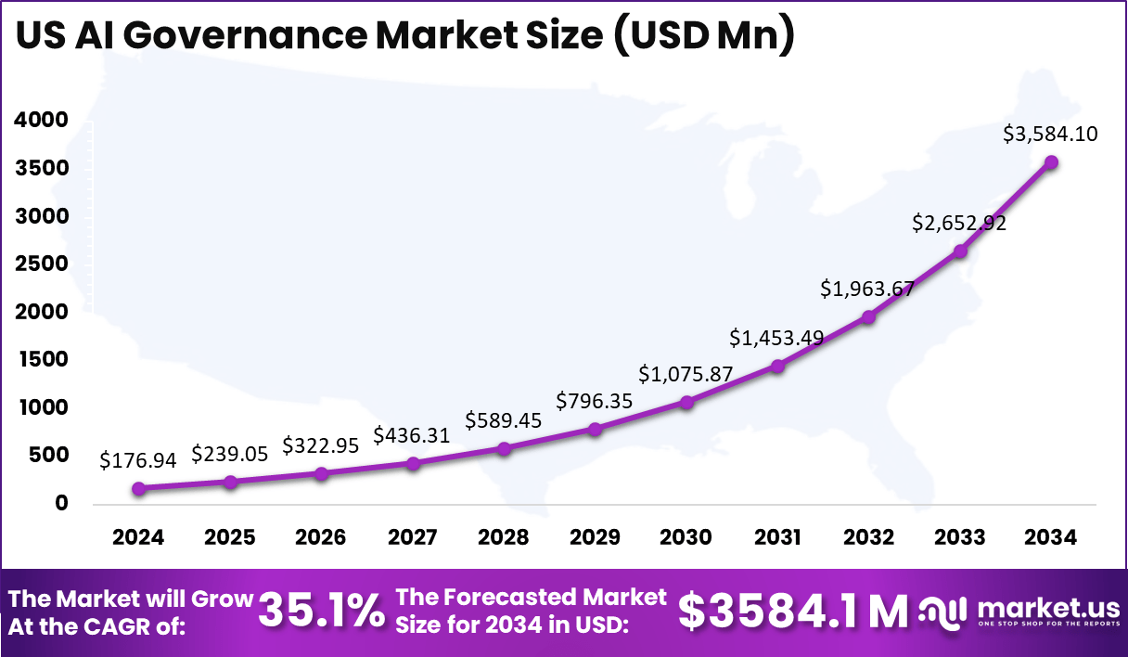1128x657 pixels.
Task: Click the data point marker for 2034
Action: (1051, 162)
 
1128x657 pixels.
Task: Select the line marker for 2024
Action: (138, 488)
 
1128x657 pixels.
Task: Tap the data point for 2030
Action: (686, 402)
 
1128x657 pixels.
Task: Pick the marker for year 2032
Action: (868, 316)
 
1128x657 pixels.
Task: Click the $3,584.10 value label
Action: (1050, 134)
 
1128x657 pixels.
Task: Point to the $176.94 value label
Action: (138, 459)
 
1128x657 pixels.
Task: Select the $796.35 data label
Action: (595, 401)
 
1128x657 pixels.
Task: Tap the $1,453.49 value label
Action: (776, 338)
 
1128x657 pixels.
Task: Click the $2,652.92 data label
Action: (959, 223)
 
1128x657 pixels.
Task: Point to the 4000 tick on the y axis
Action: (41, 120)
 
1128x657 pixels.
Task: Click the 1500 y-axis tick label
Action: (41, 359)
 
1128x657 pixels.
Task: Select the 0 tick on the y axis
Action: (62, 503)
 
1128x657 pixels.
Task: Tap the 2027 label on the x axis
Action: (412, 538)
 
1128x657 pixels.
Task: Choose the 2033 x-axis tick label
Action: (959, 538)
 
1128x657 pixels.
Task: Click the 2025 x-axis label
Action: (229, 538)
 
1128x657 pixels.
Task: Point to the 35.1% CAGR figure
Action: (321, 611)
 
